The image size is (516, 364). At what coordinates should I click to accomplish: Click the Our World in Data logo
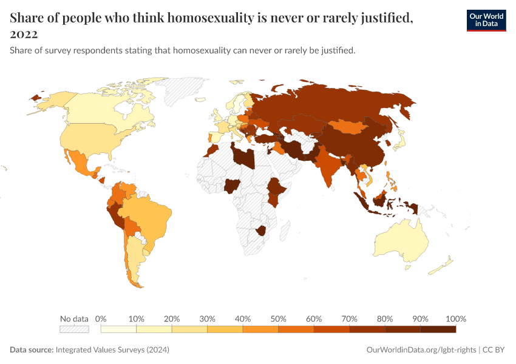(486, 20)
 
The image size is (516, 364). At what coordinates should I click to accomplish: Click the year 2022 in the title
(24, 34)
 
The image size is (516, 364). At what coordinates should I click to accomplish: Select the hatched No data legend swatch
(74, 329)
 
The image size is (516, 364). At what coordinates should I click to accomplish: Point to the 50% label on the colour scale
(278, 318)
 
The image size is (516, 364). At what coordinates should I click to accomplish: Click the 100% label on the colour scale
(455, 318)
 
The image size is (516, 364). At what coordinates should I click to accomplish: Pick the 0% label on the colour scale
(101, 318)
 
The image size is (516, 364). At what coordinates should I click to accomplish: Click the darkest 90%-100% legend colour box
(438, 329)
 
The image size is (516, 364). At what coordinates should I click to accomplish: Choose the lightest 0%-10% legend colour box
(118, 329)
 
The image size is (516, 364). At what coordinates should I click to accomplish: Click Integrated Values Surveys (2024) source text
(112, 350)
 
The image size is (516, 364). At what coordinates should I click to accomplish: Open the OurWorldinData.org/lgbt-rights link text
(422, 350)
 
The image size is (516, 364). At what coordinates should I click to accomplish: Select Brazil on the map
(152, 215)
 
